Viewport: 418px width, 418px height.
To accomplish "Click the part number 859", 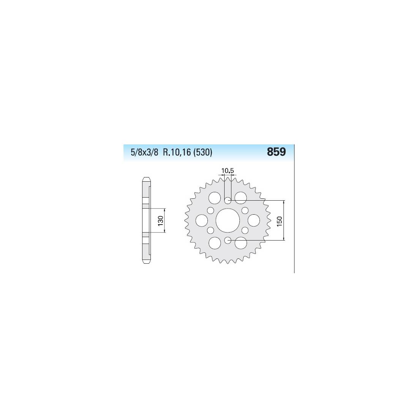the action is click(276, 152).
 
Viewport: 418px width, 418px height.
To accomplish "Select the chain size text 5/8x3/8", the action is click(144, 152).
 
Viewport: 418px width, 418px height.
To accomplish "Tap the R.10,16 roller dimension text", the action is click(177, 152).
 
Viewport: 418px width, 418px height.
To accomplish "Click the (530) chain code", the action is click(203, 152).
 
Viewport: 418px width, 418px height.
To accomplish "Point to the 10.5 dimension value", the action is click(227, 171).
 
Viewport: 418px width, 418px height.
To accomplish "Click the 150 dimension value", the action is click(279, 221).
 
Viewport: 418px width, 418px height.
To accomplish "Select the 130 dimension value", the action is click(160, 221).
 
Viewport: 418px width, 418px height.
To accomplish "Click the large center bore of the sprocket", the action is click(228, 220).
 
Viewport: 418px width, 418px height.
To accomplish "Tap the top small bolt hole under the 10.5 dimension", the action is click(228, 200).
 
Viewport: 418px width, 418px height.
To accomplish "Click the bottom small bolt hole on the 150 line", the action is click(228, 241).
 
